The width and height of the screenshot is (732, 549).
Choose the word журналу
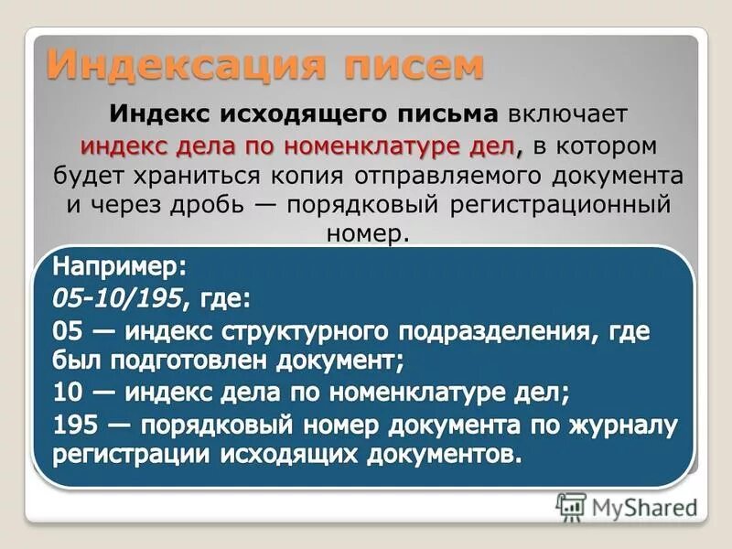[x=628, y=425]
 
